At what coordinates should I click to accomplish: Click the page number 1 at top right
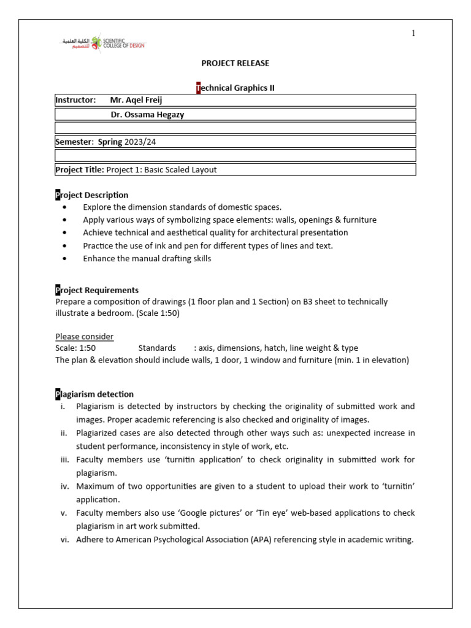(x=413, y=33)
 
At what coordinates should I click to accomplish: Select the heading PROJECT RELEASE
(x=235, y=63)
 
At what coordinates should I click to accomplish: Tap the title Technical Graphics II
(x=235, y=88)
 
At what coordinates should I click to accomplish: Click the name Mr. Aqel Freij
(x=136, y=100)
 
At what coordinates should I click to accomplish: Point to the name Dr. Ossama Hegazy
(x=151, y=114)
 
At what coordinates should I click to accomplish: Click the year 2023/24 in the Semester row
(x=140, y=142)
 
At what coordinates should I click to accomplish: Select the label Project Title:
(x=80, y=170)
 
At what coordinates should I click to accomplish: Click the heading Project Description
(x=92, y=195)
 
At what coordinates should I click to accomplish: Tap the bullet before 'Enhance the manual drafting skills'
(x=65, y=259)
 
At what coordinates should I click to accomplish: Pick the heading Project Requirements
(x=97, y=290)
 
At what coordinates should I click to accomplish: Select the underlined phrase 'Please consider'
(x=84, y=337)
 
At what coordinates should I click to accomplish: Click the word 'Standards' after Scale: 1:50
(x=157, y=348)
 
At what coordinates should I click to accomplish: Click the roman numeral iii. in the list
(x=64, y=459)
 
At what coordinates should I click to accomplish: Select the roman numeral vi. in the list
(x=64, y=540)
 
